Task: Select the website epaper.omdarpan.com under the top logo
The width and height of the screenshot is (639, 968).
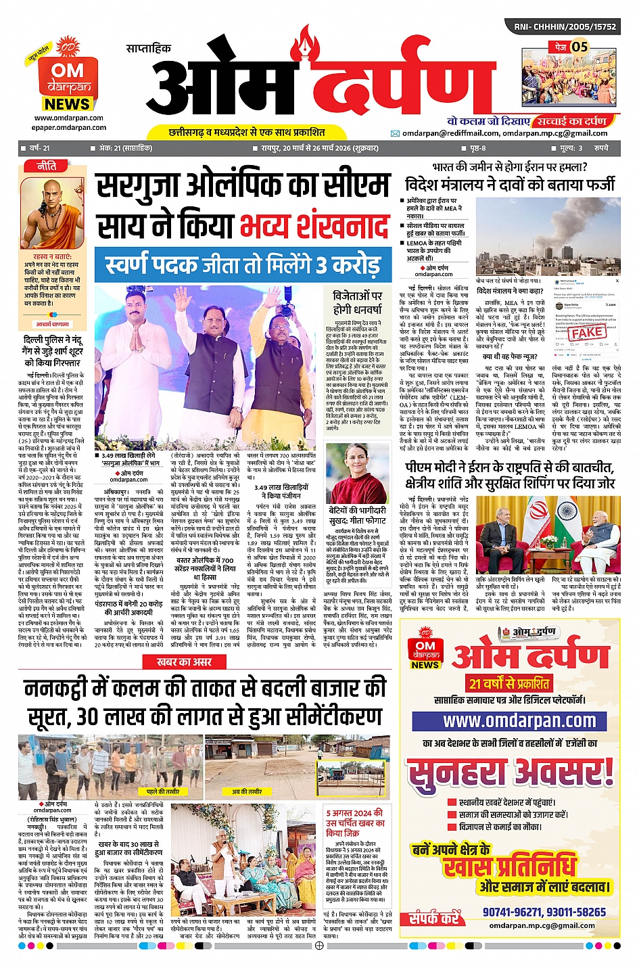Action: (69, 127)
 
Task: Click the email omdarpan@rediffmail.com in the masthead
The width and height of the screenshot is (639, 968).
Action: (450, 133)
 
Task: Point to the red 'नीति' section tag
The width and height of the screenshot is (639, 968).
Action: (47, 166)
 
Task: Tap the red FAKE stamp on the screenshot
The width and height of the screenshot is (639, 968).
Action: (586, 331)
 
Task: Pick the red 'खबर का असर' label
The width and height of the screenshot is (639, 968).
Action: (184, 662)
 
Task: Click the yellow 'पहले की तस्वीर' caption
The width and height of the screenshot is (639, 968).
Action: (163, 791)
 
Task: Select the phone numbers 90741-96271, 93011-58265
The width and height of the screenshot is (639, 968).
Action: (544, 912)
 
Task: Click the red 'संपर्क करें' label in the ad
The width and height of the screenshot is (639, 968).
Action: (433, 918)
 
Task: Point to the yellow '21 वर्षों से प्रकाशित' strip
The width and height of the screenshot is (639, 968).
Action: (510, 683)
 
